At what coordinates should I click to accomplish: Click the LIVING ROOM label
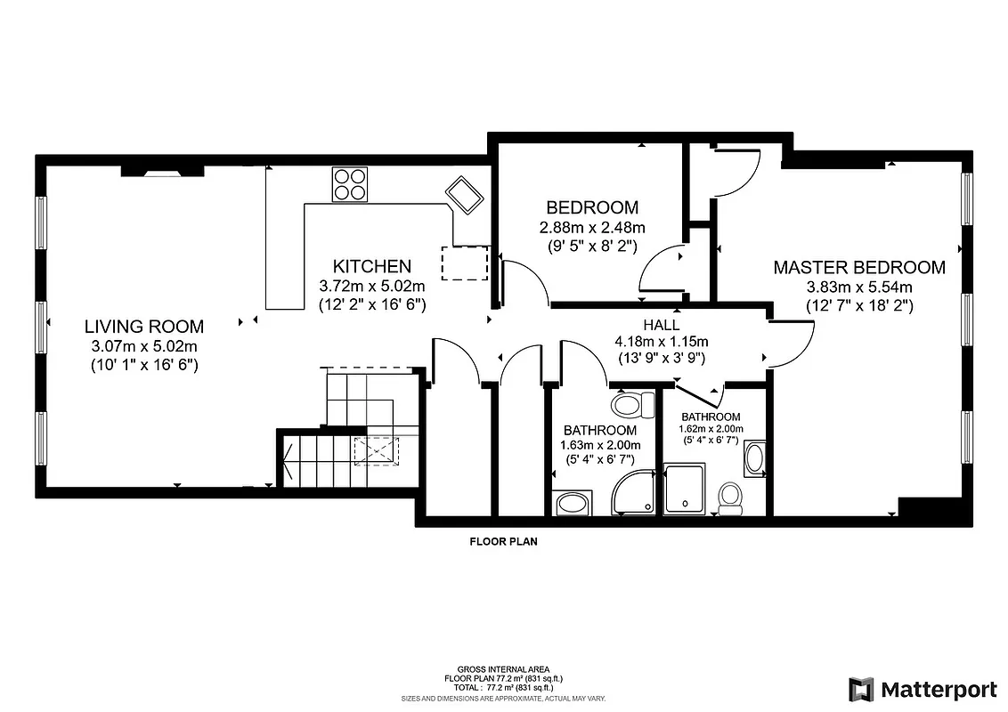(x=144, y=327)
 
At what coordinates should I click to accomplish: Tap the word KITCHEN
(x=371, y=266)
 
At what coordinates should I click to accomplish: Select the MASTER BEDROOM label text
(x=858, y=267)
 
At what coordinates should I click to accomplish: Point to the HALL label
(x=661, y=325)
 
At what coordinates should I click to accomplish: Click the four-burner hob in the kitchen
(x=350, y=185)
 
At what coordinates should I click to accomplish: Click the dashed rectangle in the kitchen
(x=465, y=263)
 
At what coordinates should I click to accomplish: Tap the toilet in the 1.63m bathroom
(x=627, y=406)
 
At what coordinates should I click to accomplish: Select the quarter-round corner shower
(x=633, y=493)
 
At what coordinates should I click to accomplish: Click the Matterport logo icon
(x=861, y=690)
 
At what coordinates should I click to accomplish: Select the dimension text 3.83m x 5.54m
(x=859, y=287)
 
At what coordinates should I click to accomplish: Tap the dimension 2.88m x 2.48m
(x=592, y=228)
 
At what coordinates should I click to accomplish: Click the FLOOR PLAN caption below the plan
(x=503, y=540)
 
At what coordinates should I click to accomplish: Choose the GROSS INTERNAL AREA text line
(x=503, y=669)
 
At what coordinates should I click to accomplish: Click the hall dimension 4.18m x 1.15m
(x=661, y=341)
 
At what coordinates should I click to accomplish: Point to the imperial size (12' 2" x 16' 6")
(x=372, y=303)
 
